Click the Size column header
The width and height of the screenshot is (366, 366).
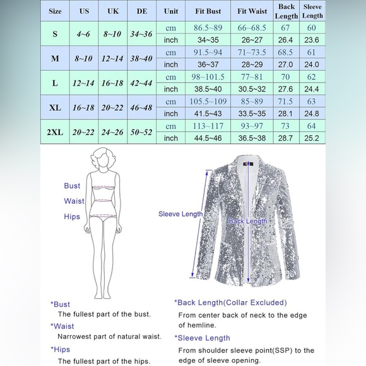click(x=56, y=11)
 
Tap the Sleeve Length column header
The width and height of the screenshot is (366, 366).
click(x=312, y=11)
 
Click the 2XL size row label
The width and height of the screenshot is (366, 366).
click(x=56, y=131)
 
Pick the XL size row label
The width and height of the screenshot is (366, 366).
click(x=56, y=107)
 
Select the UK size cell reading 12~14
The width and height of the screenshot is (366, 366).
click(x=113, y=57)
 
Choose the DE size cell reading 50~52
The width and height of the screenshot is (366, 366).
click(x=142, y=131)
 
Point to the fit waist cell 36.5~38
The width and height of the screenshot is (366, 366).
click(x=252, y=138)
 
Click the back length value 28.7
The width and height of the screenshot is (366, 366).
click(x=286, y=138)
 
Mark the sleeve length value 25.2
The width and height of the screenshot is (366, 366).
click(x=312, y=138)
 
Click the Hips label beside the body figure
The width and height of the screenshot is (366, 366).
click(x=73, y=216)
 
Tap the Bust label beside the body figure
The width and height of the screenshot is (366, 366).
click(x=72, y=186)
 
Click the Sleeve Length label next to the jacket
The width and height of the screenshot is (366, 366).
click(x=180, y=214)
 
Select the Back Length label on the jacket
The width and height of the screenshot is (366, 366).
click(x=248, y=221)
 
